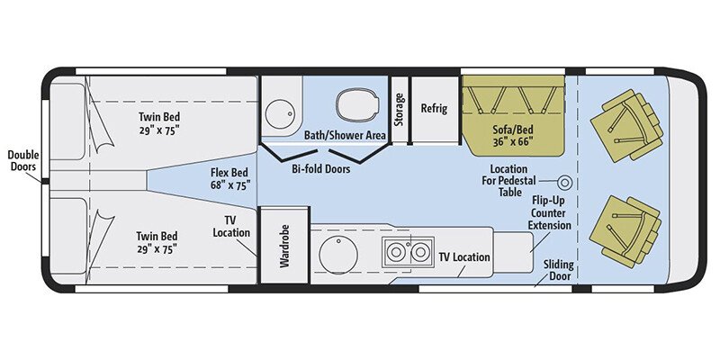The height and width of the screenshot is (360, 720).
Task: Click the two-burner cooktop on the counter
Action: (406, 255)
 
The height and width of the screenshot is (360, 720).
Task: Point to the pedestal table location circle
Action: (566, 181)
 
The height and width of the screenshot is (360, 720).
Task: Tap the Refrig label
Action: (435, 108)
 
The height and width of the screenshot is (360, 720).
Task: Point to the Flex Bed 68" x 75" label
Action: (228, 177)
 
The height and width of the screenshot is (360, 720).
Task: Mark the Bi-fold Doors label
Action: (314, 168)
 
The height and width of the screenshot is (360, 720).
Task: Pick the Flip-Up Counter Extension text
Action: (549, 211)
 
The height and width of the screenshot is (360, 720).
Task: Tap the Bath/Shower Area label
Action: (345, 135)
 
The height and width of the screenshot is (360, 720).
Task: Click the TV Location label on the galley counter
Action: (464, 257)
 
